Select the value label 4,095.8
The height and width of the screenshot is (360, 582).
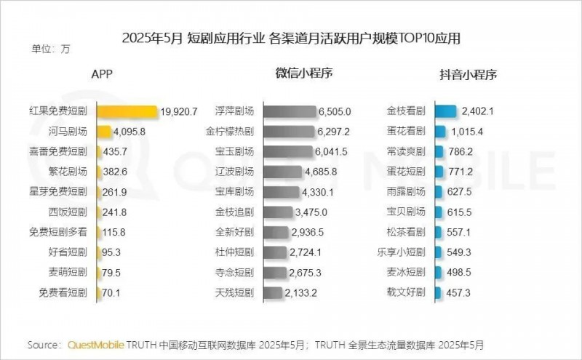(131, 132)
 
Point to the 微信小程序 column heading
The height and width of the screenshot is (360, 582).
(304, 73)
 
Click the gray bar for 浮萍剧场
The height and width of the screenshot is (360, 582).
(290, 111)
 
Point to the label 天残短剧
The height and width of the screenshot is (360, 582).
(234, 292)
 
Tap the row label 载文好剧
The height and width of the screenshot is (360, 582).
(406, 292)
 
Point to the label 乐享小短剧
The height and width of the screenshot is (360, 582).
(402, 252)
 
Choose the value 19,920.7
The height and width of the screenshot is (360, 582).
(178, 111)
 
